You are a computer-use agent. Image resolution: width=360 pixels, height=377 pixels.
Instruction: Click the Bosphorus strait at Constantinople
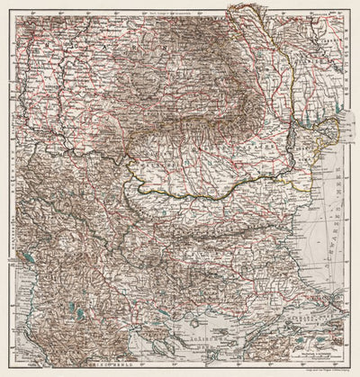pyautogui.click(x=338, y=301)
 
